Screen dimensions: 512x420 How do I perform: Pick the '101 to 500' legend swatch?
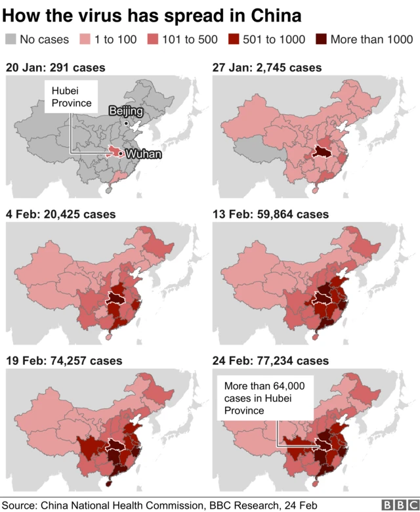coord(155,39)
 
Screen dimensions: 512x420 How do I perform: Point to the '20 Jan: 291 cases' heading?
coord(55,68)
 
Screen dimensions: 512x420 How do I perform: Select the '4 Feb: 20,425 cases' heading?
coord(60,214)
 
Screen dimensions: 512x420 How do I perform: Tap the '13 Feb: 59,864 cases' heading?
coord(271,214)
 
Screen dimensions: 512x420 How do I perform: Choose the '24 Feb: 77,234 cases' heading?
coord(271,360)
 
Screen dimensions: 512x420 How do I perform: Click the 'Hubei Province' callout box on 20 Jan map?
coord(71,97)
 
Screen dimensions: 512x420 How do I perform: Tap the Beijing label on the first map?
coord(125,111)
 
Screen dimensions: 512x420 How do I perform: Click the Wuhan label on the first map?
coord(143,154)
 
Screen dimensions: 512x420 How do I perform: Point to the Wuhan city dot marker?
coord(121,154)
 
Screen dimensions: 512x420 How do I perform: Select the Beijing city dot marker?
coord(127,122)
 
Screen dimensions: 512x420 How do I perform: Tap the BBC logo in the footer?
coord(396,505)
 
